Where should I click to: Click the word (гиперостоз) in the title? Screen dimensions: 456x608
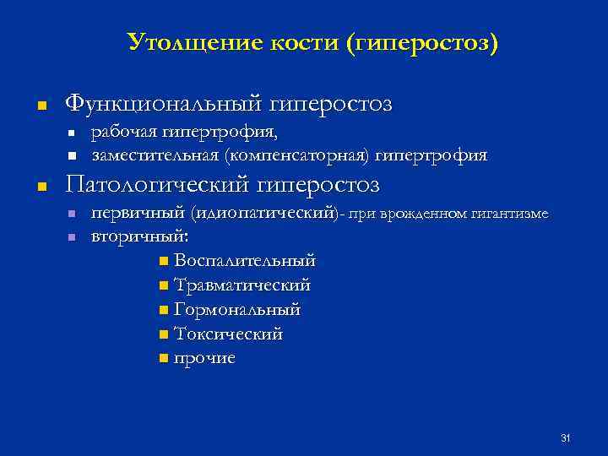pos(422,41)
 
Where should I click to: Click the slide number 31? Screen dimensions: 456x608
pos(566,437)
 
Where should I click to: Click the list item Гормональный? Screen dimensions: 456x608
pos(236,310)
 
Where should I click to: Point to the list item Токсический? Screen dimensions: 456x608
pos(228,334)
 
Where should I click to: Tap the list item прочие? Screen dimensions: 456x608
pos(204,359)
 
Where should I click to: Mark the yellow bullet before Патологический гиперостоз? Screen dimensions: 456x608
pos(41,186)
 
